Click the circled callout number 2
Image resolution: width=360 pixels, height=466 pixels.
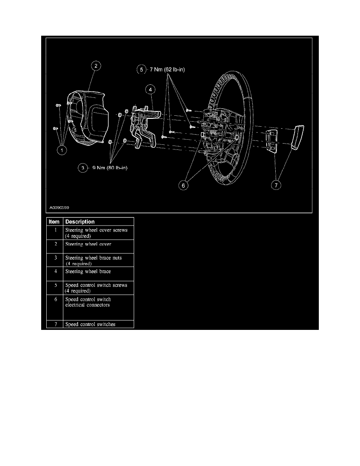point(96,66)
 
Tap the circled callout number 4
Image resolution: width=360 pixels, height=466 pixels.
point(150,89)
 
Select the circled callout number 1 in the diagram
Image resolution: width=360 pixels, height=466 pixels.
point(62,150)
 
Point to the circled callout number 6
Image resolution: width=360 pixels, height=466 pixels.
point(183,186)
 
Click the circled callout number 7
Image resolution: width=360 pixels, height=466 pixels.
point(276,185)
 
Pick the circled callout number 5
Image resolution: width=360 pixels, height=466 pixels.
point(142,69)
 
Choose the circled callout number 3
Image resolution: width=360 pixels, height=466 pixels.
point(83,168)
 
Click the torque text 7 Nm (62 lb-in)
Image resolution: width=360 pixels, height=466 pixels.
point(167,69)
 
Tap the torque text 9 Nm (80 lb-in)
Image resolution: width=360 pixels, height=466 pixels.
point(110,168)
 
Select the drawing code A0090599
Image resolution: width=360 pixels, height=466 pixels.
point(59,208)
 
